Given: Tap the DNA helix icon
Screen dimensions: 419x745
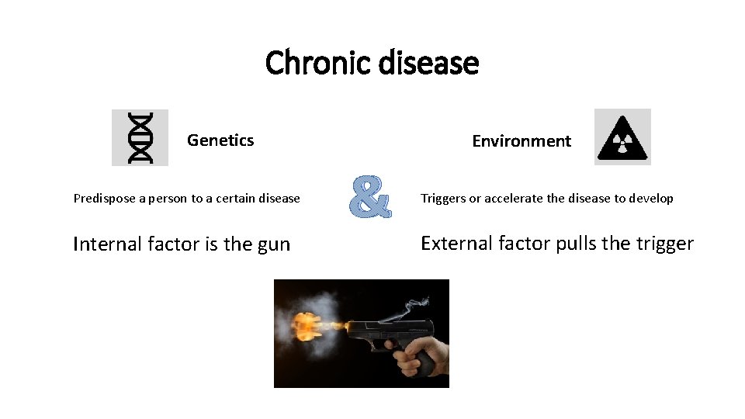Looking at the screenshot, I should pyautogui.click(x=140, y=137).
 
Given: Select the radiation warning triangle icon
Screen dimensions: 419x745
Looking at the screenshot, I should pyautogui.click(x=622, y=137).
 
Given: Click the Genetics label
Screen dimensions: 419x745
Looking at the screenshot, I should pyautogui.click(x=220, y=140).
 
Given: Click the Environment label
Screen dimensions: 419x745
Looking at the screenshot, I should pyautogui.click(x=521, y=141).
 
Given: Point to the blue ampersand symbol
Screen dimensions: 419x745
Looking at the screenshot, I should pyautogui.click(x=369, y=197).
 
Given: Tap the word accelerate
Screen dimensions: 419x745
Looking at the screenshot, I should pyautogui.click(x=514, y=199).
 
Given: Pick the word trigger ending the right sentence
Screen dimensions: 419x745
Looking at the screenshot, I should pyautogui.click(x=664, y=244).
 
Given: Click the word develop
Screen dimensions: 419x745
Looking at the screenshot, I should pyautogui.click(x=651, y=199).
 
